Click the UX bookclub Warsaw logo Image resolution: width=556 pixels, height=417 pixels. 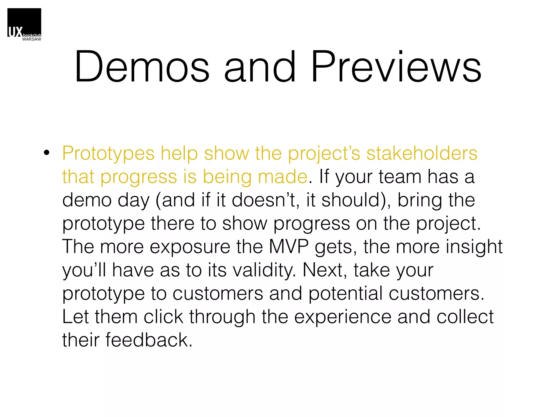(x=24, y=24)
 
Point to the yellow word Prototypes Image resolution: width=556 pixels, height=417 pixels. (x=108, y=154)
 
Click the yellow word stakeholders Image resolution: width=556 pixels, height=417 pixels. (x=422, y=154)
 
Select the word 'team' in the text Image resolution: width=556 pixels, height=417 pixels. (x=400, y=177)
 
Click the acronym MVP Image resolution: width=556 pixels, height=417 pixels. (x=289, y=247)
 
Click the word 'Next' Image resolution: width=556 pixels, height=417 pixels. (x=324, y=270)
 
